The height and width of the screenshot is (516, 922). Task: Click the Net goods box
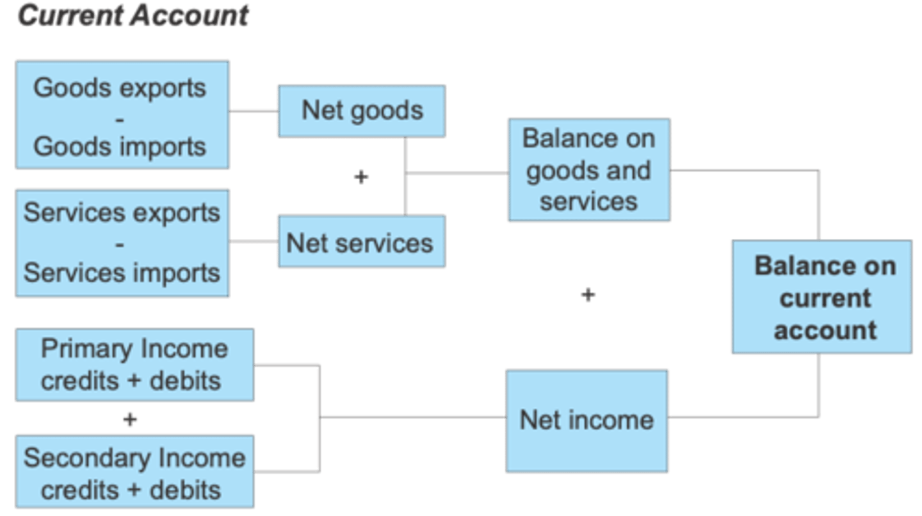coord(362,111)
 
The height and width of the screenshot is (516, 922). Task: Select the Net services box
coord(362,241)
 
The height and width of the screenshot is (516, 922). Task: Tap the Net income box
coord(586,421)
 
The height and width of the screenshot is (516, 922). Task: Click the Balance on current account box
coord(822,296)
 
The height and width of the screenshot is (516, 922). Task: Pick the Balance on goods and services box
coord(589,170)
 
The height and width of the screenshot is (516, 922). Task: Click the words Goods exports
coord(119,88)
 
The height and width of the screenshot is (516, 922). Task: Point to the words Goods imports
coord(119,147)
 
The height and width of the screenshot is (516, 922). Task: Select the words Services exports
coord(122,213)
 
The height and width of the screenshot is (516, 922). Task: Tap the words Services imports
coord(122,272)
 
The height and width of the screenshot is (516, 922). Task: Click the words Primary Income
coord(134,349)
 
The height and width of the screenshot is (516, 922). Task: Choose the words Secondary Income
coord(134,458)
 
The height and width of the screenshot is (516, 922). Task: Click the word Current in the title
coord(70,15)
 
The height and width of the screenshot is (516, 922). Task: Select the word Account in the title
coord(190,15)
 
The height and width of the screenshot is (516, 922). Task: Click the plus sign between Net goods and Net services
coord(361,177)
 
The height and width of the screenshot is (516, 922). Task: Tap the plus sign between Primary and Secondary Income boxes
coord(129,419)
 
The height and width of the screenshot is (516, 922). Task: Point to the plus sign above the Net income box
coord(588,294)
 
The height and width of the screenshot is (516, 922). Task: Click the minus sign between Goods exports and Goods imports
coord(119,120)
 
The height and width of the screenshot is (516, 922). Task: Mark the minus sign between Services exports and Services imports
coord(119,245)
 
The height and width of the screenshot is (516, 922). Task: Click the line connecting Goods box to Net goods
coord(254,111)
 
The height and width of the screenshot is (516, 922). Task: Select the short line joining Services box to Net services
coord(254,241)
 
